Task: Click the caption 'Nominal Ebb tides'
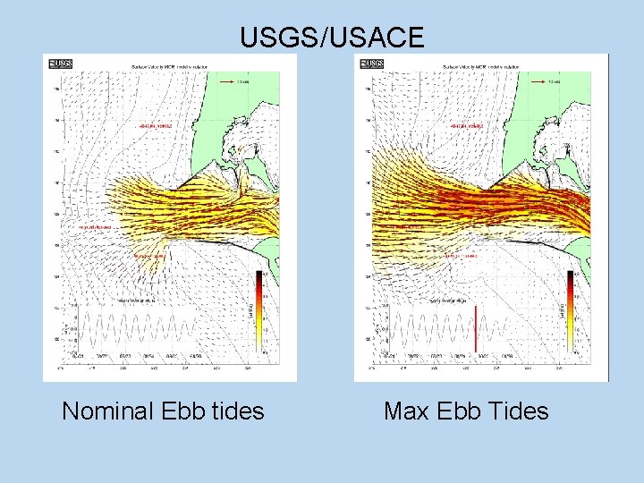[163, 411]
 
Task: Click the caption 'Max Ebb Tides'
[466, 411]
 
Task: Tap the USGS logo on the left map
[61, 64]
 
